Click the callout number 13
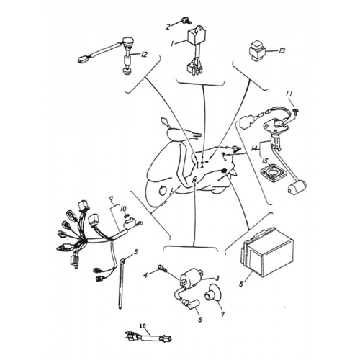pos(282,50)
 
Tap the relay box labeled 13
pos(256,49)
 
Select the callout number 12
pos(144,55)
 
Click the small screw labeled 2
pos(186,20)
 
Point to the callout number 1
pos(171,44)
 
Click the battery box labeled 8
pos(266,252)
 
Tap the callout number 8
pos(241,284)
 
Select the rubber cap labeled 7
pos(212,292)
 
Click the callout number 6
pos(200,319)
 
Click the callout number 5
pos(136,252)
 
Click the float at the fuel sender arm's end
pos(297,187)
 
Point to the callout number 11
pos(289,94)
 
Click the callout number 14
pos(254,148)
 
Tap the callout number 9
pos(111,199)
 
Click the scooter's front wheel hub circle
pos(163,190)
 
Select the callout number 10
pos(124,208)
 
